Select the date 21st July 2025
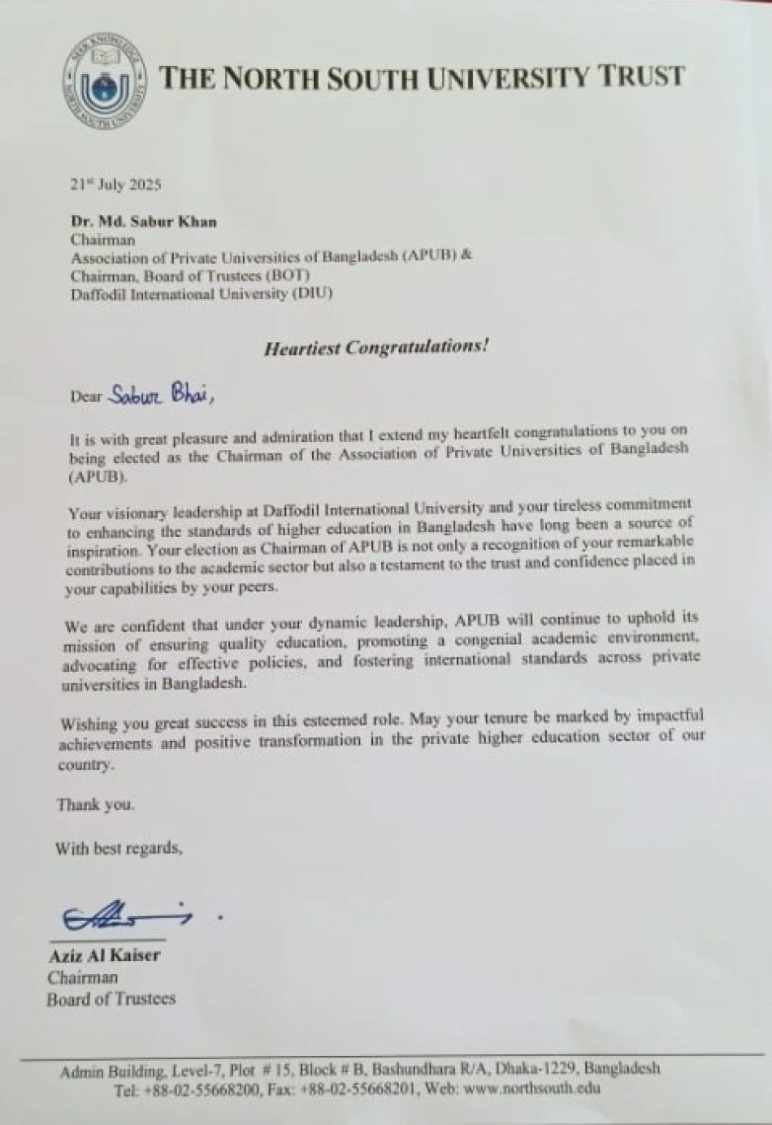coord(115,184)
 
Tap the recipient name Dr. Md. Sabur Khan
coord(143,221)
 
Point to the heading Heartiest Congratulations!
coord(376,348)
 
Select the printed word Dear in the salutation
coord(86,396)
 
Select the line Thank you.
coord(96,805)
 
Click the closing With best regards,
coord(119,848)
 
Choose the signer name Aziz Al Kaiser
coord(104,955)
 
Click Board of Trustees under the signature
coord(111,999)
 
